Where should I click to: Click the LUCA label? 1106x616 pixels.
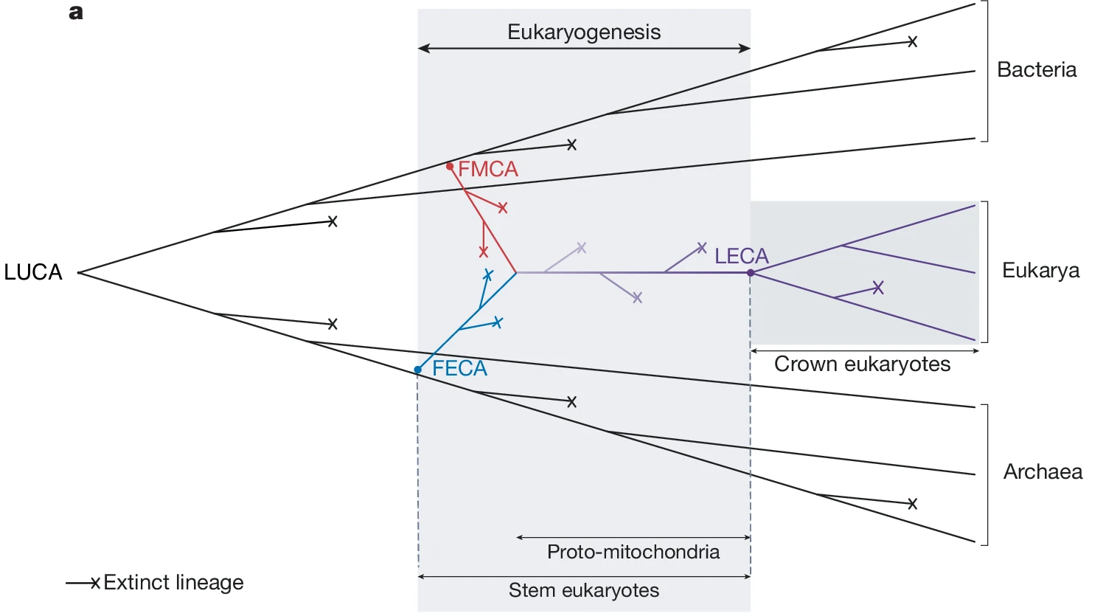(33, 272)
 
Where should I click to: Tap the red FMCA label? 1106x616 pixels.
(488, 169)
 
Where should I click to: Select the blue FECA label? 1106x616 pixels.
(459, 368)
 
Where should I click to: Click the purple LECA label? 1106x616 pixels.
(741, 256)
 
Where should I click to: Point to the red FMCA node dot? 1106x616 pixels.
(450, 167)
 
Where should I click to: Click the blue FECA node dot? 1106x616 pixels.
(418, 370)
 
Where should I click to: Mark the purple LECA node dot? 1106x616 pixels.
(751, 273)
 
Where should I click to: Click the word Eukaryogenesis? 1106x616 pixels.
(584, 32)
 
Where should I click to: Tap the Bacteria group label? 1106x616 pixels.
(1037, 69)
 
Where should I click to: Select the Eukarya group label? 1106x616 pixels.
(1040, 270)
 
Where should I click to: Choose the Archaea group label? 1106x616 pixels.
(1043, 471)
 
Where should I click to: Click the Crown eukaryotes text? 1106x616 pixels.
(862, 364)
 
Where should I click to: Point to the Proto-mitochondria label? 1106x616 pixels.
(633, 552)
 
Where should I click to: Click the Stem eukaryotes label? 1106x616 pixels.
(584, 590)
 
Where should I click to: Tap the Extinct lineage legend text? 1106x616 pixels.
(173, 582)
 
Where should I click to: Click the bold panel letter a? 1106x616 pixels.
(76, 13)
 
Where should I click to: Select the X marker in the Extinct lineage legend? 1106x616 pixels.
(95, 584)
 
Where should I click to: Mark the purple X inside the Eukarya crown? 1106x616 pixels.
(877, 288)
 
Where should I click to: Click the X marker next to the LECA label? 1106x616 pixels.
(702, 248)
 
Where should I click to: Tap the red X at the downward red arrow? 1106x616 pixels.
(484, 252)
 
